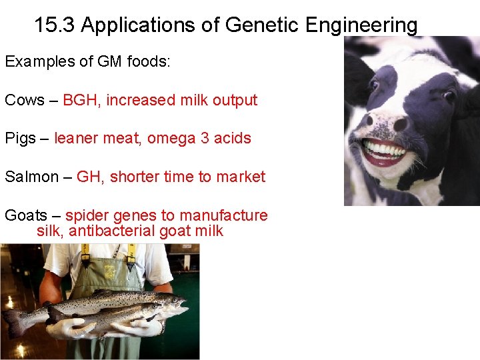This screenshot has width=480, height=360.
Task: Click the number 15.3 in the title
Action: tap(55, 25)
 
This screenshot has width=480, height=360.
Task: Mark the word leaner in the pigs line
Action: tap(79, 139)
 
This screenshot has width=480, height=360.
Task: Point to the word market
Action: tap(239, 177)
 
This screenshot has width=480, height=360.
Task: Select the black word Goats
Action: tap(26, 215)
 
